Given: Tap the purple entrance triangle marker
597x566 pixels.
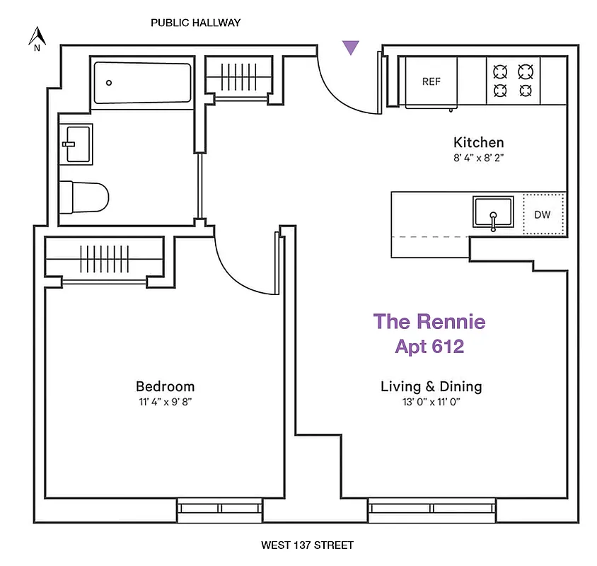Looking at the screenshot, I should (351, 47).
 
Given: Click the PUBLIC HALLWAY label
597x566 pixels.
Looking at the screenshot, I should (196, 23).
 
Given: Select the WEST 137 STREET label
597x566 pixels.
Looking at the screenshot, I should (307, 545).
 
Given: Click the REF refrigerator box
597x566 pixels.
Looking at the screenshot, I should (431, 82).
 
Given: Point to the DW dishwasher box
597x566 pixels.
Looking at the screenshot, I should (543, 214).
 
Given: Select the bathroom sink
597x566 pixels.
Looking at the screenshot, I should (75, 144).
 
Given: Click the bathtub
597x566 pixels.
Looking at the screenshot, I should (142, 83).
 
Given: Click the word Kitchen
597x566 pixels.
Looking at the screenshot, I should (479, 142).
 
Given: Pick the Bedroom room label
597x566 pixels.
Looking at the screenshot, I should (165, 386).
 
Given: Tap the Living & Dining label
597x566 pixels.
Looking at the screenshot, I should (431, 386).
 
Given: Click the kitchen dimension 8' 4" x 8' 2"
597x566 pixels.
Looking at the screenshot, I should (479, 158).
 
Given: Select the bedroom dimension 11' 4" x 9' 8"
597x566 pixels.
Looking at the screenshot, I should (165, 402).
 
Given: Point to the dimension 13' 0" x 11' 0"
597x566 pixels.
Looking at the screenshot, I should (431, 402).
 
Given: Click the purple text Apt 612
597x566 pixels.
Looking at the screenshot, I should (429, 347).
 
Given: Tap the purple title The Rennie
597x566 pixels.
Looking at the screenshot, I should (429, 321).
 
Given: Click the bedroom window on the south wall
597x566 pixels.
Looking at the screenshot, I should (220, 508).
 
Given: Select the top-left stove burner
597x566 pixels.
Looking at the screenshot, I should (500, 71).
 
